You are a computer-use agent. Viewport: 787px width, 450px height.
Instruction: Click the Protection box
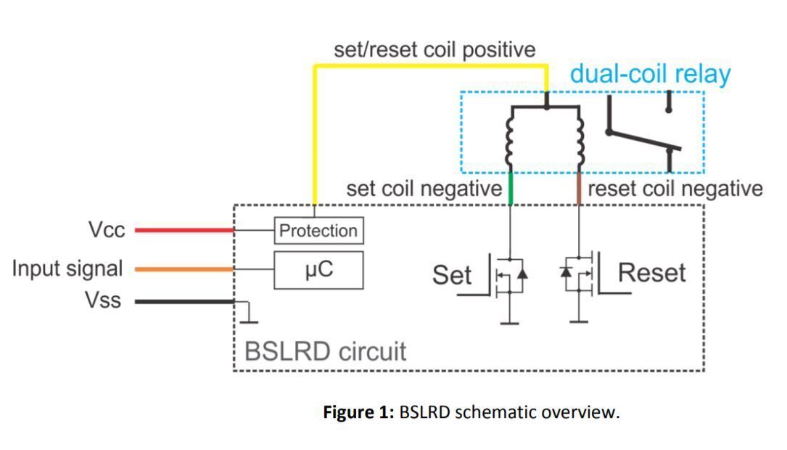point(318,231)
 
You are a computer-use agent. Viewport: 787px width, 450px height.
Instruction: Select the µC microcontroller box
point(318,269)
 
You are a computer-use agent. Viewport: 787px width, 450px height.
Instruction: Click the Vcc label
point(107,230)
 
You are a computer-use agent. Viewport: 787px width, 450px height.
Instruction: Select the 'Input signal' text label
point(67,269)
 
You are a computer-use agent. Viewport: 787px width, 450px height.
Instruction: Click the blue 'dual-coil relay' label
point(650,74)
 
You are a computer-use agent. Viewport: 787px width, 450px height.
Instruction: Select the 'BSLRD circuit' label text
point(325,351)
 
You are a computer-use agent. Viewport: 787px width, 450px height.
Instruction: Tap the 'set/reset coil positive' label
point(434,49)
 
